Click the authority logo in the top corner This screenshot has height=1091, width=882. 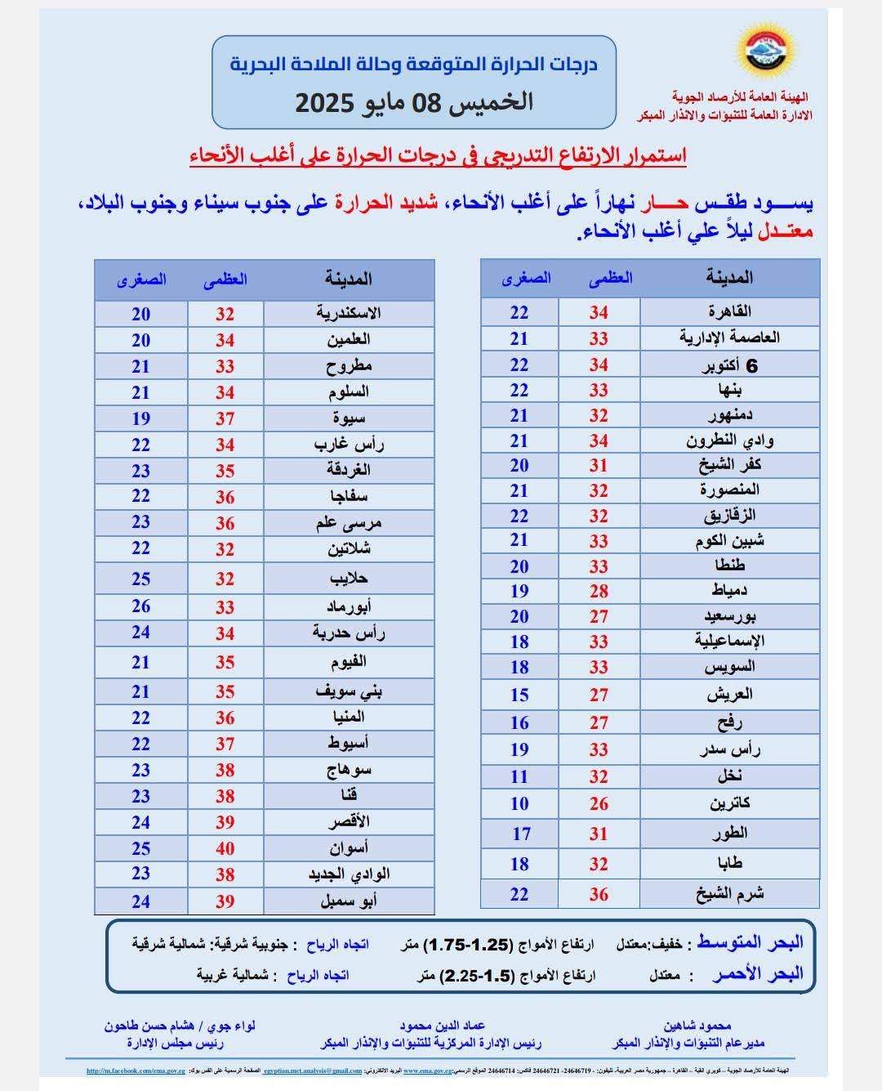coord(772,56)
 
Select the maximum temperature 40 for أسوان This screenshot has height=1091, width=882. coord(225,848)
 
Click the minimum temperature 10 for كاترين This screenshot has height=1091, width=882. coord(519,803)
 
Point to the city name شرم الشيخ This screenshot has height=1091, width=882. coord(729,893)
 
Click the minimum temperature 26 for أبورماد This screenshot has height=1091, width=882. coord(141,606)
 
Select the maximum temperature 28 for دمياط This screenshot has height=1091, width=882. coord(599,591)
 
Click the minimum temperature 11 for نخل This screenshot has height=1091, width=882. coord(519,776)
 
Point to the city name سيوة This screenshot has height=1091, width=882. coord(349,418)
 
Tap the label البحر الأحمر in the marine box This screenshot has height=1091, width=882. coord(757,974)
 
